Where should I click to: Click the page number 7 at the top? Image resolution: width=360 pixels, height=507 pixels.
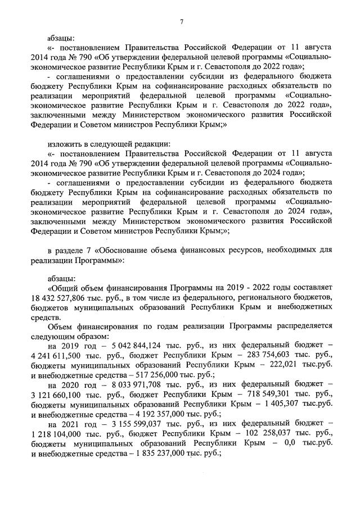pyautogui.click(x=181, y=21)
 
